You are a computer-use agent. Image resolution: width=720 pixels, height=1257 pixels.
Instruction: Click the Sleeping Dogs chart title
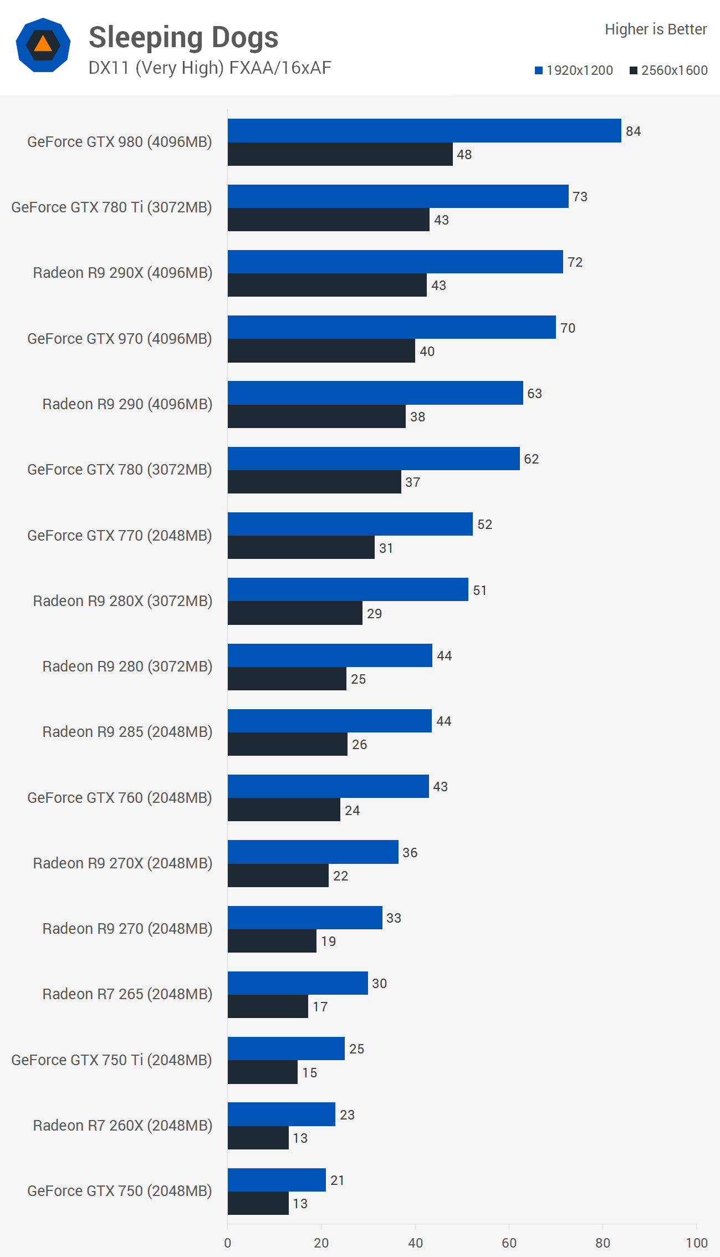coord(183,38)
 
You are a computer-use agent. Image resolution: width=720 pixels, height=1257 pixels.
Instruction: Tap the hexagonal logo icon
coord(43,45)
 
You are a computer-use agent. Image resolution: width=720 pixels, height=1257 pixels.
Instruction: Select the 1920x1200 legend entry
coord(574,70)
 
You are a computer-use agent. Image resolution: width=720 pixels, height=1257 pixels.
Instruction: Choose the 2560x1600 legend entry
coord(668,70)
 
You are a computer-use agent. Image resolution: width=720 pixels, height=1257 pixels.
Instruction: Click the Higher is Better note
coord(656,29)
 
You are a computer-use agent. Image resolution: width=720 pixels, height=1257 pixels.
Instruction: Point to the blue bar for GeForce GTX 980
coord(424,131)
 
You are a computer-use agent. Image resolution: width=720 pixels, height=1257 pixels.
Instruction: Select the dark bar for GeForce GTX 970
coord(321,351)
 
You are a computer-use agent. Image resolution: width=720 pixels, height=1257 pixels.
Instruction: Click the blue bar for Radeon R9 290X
coord(395,262)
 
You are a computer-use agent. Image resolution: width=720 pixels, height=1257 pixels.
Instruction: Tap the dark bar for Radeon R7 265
coord(268,1006)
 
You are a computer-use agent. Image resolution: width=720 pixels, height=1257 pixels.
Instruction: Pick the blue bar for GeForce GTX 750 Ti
coord(286,1049)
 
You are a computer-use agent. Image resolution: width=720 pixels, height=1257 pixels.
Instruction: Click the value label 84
coord(633,131)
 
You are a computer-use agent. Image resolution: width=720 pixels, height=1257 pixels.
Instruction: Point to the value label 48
coord(464,155)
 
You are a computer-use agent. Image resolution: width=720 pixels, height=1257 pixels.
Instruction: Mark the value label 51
coord(479,591)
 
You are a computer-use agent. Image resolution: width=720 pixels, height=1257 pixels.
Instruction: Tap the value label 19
coord(328,942)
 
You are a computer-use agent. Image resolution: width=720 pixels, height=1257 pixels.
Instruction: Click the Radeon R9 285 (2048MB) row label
coord(127,732)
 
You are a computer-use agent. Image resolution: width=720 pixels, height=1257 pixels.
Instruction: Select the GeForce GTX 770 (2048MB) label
coord(120,536)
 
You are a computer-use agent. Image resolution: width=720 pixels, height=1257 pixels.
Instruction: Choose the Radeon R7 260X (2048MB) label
coord(122,1126)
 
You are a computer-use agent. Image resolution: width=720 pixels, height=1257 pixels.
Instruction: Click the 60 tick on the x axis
coord(509,1243)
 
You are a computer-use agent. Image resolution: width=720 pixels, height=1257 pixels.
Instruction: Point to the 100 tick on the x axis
coord(696,1243)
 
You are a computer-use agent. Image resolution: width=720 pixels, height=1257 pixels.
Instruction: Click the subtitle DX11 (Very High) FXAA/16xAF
coord(210,68)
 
